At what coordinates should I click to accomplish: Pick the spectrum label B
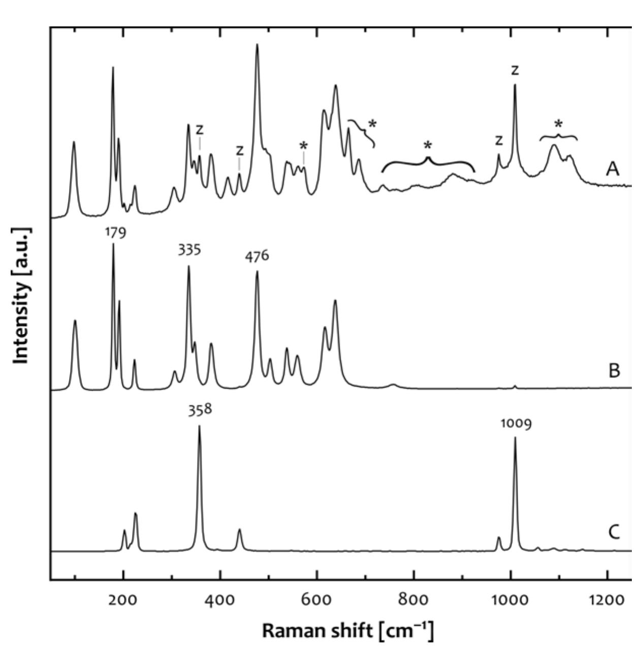[x=614, y=371]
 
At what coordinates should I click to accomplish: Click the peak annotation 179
[x=116, y=233]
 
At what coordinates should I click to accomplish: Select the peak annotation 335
[x=189, y=250]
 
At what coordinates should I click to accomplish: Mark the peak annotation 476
[x=257, y=256]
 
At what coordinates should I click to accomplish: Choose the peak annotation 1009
[x=516, y=423]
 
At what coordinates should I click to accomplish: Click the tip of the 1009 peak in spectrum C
[x=515, y=438]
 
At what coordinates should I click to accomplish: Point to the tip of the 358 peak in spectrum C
[x=199, y=426]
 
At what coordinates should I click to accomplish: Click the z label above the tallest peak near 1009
[x=515, y=71]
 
